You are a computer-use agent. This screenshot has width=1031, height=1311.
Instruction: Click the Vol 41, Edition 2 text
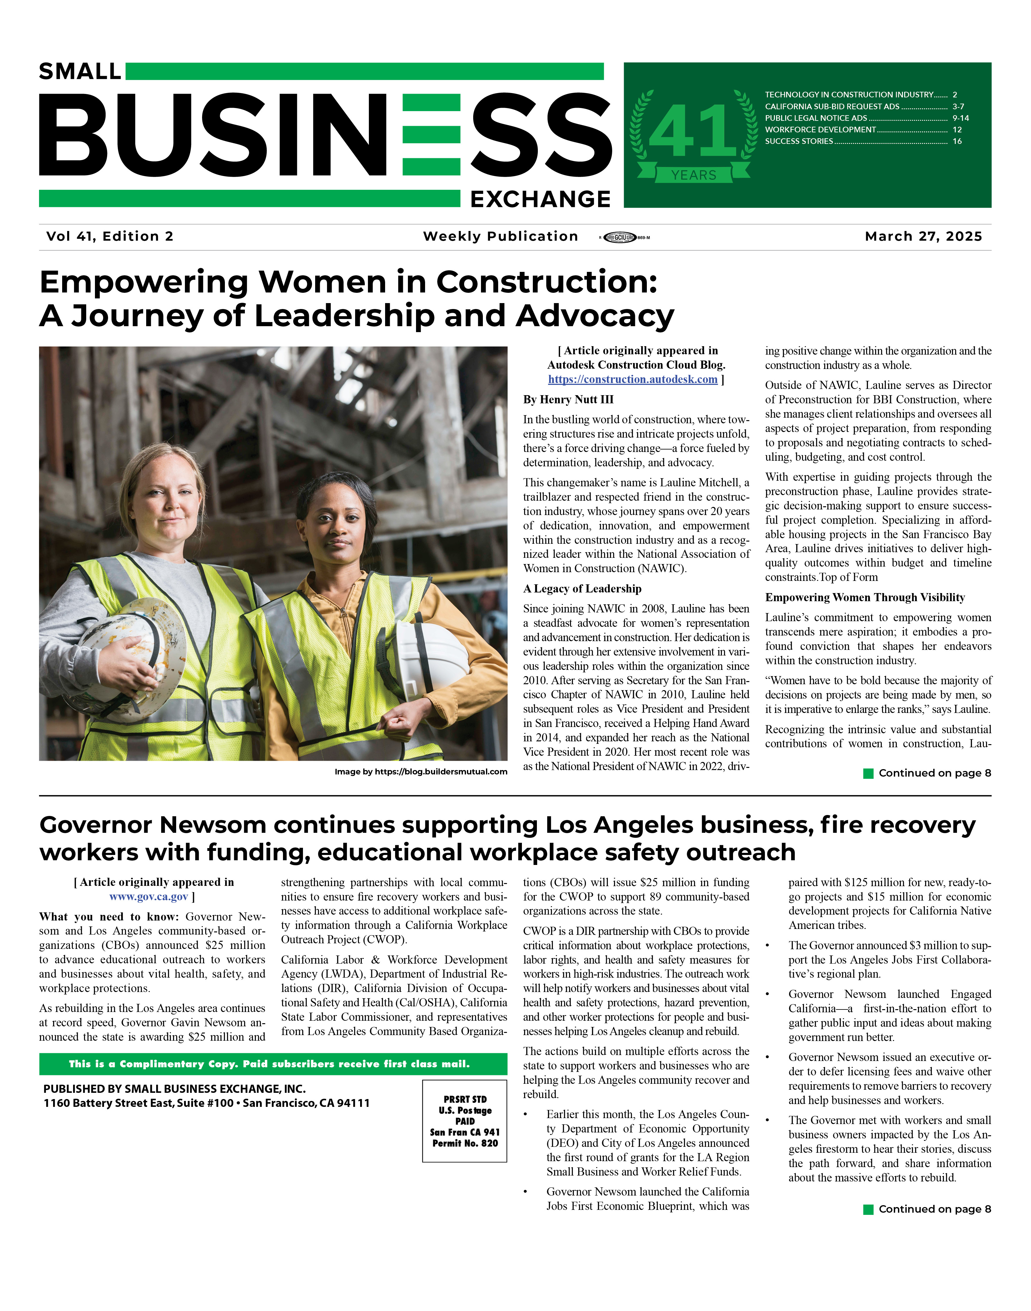click(x=110, y=237)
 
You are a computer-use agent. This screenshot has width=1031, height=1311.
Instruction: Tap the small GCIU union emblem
click(x=620, y=238)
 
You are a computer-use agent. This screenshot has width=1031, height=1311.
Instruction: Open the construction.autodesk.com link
click(x=632, y=380)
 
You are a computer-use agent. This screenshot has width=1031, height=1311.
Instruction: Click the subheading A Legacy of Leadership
click(x=582, y=589)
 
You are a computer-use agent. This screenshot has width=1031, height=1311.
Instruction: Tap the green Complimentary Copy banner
click(x=273, y=1064)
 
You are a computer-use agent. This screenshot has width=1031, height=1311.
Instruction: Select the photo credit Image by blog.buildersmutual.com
click(x=421, y=772)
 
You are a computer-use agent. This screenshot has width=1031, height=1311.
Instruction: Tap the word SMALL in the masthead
click(x=80, y=72)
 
